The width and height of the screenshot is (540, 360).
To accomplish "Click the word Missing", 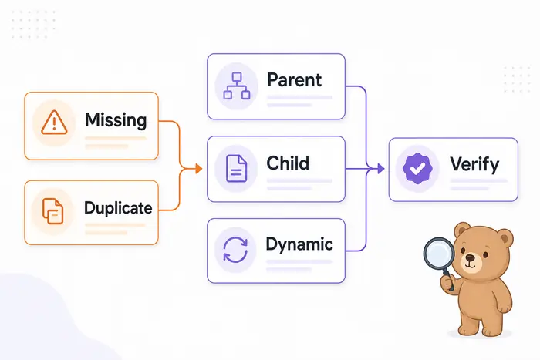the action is tap(116, 120).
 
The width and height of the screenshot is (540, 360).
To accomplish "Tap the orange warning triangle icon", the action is tap(54, 123).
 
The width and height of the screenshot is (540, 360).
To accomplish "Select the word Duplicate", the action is tap(118, 208).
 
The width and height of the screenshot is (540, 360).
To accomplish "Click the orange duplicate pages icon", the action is tap(52, 211).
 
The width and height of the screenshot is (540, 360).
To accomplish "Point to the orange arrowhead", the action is tap(198, 169).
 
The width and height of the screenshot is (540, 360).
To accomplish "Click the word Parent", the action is tap(294, 80).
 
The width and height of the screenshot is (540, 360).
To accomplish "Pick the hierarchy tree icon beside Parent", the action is tap(237, 86).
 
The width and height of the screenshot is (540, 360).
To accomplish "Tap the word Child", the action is tap(288, 163).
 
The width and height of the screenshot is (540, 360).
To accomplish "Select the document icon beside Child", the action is tap(236, 168).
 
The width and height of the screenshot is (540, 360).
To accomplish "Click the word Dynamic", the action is tap(299, 244).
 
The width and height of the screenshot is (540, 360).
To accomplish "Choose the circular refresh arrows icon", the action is tap(235, 250).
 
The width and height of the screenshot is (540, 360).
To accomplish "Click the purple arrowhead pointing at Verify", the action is tap(381, 169).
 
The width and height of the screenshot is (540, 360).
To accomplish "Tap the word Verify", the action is tap(474, 164).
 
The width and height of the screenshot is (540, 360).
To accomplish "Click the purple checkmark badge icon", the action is tap(417, 169).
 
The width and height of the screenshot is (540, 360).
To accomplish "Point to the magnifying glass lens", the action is tap(439, 254).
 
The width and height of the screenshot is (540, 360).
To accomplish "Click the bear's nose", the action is tap(470, 257).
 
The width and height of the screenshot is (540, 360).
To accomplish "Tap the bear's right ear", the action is tap(463, 230).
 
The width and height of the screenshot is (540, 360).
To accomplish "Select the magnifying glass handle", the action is tap(448, 280).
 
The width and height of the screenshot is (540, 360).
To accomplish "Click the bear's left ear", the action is tap(505, 237).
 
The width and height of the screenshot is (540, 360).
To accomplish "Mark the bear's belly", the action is tap(481, 295).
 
